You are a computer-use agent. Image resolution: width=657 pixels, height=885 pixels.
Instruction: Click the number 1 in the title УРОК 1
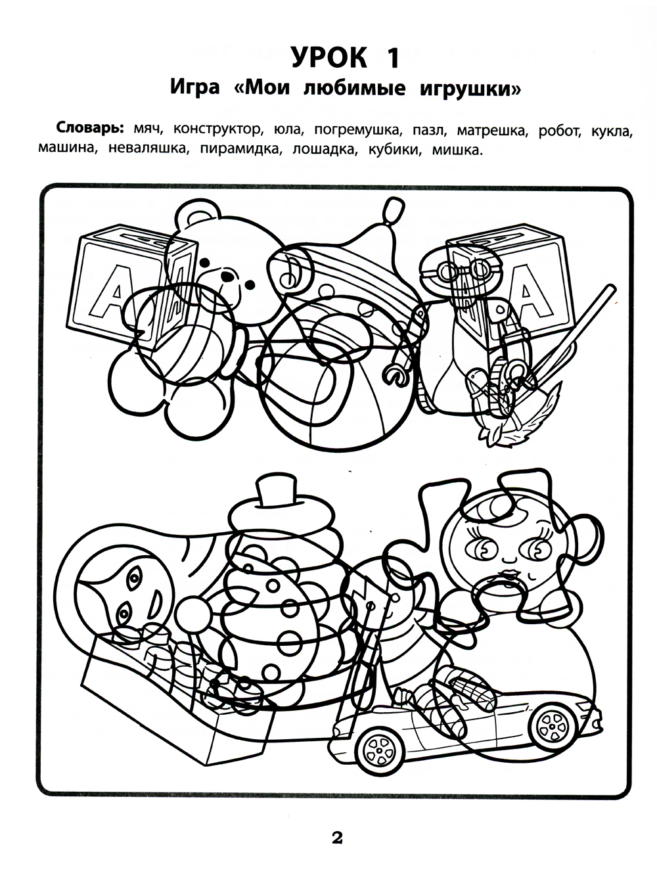(392, 58)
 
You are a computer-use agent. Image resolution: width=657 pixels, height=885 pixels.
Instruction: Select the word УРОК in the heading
(329, 58)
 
